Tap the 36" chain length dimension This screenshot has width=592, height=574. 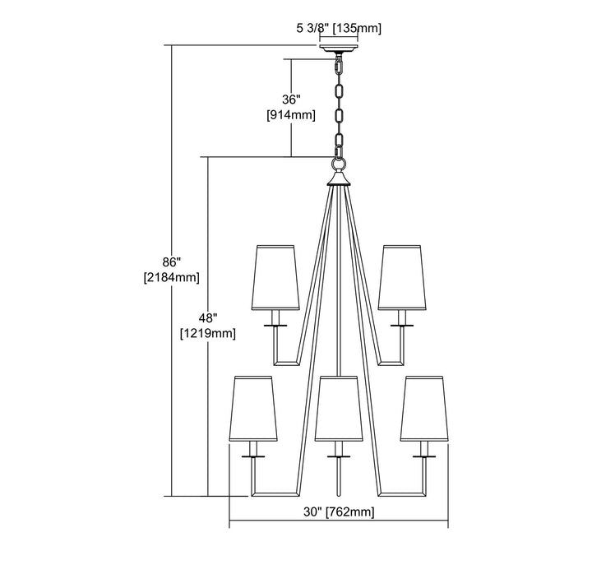pyautogui.click(x=291, y=100)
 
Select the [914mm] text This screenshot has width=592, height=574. pyautogui.click(x=291, y=115)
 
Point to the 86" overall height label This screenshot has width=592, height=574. pyautogui.click(x=171, y=262)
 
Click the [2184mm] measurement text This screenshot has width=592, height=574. pyautogui.click(x=171, y=278)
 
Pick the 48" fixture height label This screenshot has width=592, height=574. pyautogui.click(x=208, y=318)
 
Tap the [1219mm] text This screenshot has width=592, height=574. pyautogui.click(x=208, y=333)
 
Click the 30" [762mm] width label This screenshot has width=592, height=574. pyautogui.click(x=339, y=512)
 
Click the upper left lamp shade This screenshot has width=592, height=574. pyautogui.click(x=275, y=278)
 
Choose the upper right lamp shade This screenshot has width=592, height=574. pyautogui.click(x=402, y=278)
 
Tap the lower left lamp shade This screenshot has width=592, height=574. pyautogui.click(x=253, y=409)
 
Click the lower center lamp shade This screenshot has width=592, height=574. pyautogui.click(x=339, y=409)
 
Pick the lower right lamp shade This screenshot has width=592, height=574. pyautogui.click(x=424, y=409)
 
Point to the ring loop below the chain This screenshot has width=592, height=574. pyautogui.click(x=339, y=164)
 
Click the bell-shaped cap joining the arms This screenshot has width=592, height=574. pyautogui.click(x=339, y=179)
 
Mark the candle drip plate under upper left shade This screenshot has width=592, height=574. pyautogui.click(x=275, y=325)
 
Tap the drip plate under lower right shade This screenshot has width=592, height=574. pyautogui.click(x=424, y=456)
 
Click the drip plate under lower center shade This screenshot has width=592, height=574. pyautogui.click(x=339, y=456)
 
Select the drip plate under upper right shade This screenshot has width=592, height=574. pyautogui.click(x=402, y=325)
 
